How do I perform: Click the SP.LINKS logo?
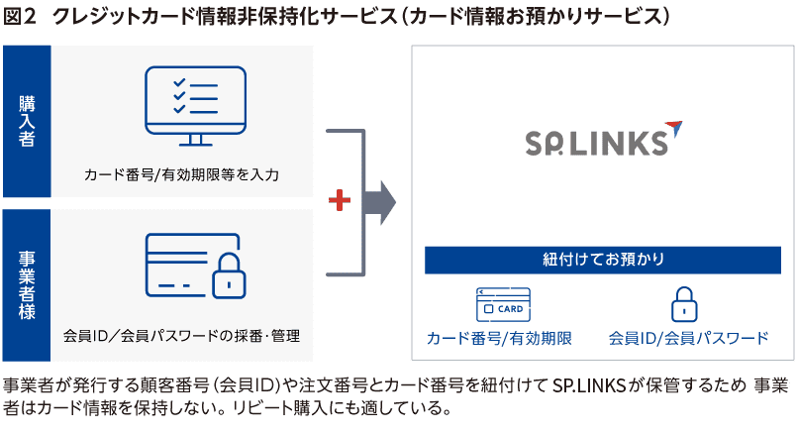(594, 140)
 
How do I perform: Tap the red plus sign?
(340, 201)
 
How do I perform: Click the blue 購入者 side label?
(27, 121)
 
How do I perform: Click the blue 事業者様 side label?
(27, 284)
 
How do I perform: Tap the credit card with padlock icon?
(194, 267)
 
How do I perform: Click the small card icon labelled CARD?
(503, 305)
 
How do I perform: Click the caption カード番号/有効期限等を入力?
(182, 175)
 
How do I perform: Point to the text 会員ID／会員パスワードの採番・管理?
(181, 336)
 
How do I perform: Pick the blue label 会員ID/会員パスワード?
(688, 338)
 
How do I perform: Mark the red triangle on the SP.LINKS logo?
(673, 126)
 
